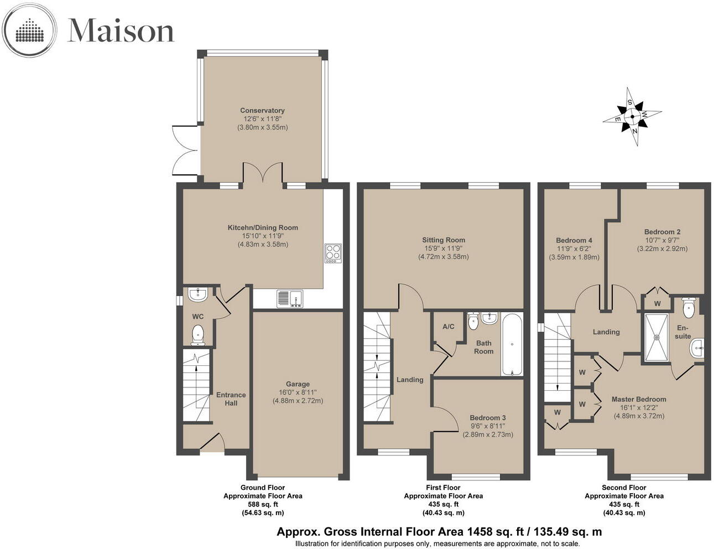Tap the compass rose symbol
632,117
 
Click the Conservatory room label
262,111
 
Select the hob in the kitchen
333,253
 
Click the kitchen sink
289,298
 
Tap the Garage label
298,384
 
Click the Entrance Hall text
231,399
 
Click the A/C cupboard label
448,327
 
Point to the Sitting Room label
443,240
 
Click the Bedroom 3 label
488,418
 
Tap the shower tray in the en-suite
657,337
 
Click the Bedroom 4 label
574,240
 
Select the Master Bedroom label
639,399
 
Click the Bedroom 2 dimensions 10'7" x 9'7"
662,240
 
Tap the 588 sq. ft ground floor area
263,504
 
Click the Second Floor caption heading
624,488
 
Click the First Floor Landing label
410,380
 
